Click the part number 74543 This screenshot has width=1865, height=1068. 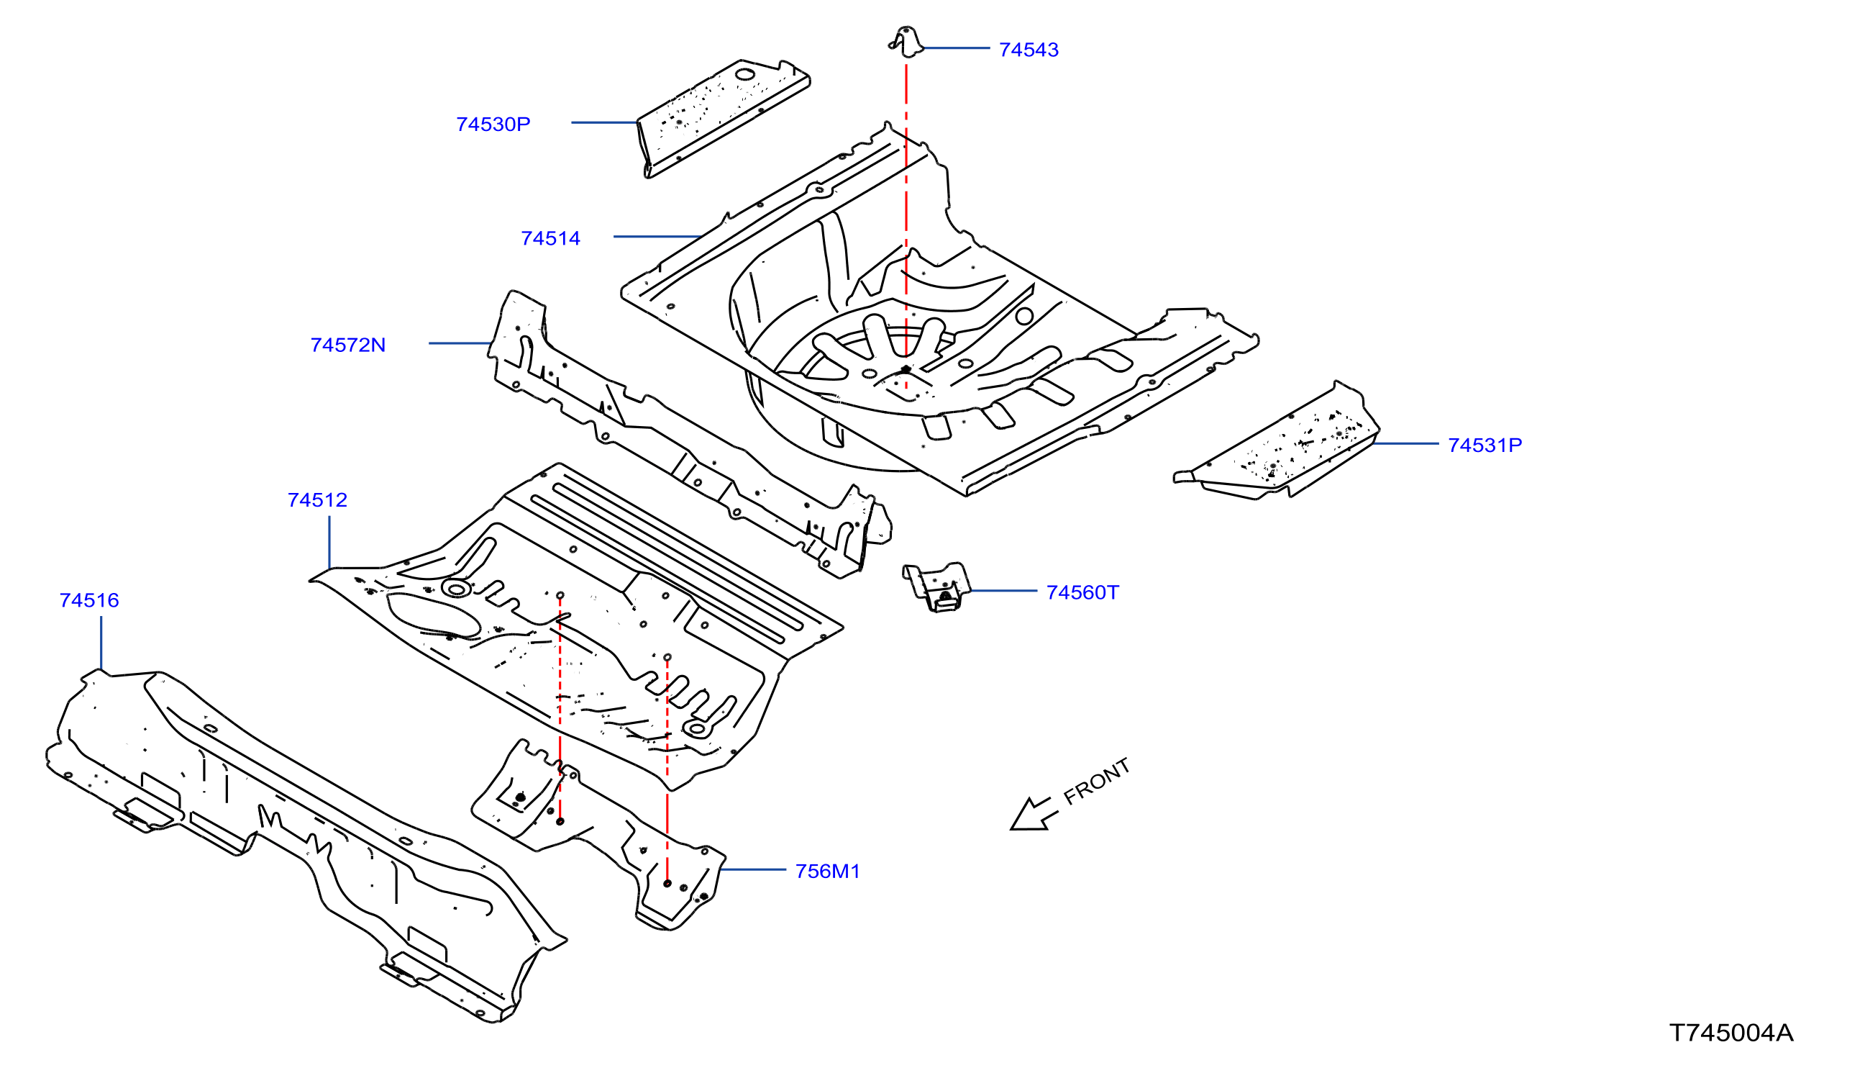pyautogui.click(x=1029, y=50)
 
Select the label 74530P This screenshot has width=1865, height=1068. pyautogui.click(x=493, y=125)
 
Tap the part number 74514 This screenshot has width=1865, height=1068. pyautogui.click(x=550, y=238)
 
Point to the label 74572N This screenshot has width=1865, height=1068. pyautogui.click(x=347, y=345)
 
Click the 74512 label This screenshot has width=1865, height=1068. pyautogui.click(x=317, y=500)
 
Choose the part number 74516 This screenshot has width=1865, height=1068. pyautogui.click(x=88, y=601)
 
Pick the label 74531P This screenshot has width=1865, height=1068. pyautogui.click(x=1485, y=445)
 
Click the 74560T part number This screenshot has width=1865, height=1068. pyautogui.click(x=1082, y=593)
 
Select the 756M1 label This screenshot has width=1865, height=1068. pyautogui.click(x=827, y=872)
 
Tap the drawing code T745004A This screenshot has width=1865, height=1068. pyautogui.click(x=1731, y=1033)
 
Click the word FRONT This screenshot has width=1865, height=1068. pyautogui.click(x=1097, y=782)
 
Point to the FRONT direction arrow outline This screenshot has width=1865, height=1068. pyautogui.click(x=1034, y=815)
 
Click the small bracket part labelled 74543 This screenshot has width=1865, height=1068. pyautogui.click(x=906, y=41)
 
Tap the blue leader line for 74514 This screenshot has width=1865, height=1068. pyautogui.click(x=657, y=237)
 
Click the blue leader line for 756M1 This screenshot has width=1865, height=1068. pyautogui.click(x=754, y=870)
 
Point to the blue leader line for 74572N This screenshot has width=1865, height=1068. pyautogui.click(x=460, y=343)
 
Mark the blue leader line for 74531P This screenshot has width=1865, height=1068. pyautogui.click(x=1406, y=444)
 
